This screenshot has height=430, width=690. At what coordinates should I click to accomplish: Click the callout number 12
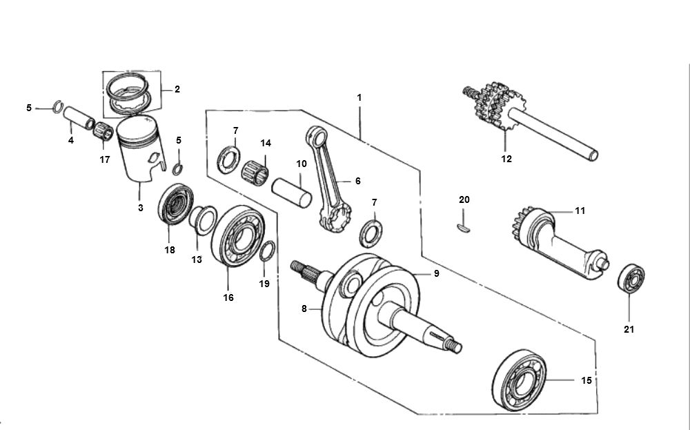506,159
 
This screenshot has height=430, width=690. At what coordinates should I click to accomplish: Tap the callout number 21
629,329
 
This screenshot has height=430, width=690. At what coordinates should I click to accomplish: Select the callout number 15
586,380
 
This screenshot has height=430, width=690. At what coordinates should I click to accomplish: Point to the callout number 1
359,98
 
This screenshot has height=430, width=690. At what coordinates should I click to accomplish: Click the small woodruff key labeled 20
464,225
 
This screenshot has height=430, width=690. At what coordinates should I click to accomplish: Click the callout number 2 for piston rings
177,89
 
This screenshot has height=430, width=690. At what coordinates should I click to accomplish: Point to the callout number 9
435,274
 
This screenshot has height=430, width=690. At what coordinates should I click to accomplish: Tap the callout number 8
304,310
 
